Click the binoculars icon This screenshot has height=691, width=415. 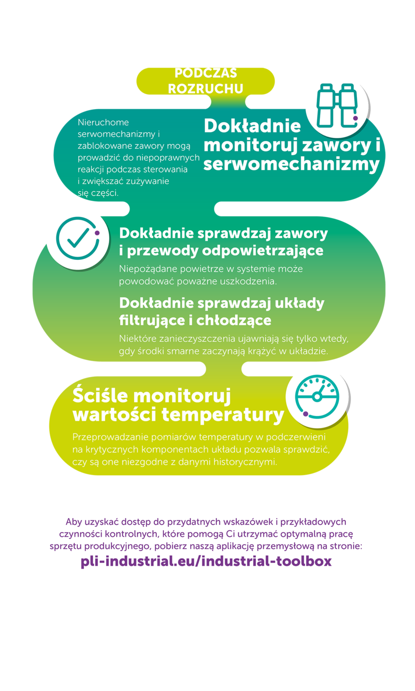coord(337,105)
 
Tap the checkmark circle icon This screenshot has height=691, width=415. coord(78,238)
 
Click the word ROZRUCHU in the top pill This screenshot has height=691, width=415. coord(206,89)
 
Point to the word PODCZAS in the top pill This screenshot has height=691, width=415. coord(206,73)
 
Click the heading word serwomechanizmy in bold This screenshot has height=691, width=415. coord(291,164)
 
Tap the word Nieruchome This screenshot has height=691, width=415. coord(103,123)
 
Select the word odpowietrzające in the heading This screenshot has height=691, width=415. coord(263,251)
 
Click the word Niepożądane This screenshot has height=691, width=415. coord(148,269)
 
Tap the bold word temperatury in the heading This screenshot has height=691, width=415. coord(223,415)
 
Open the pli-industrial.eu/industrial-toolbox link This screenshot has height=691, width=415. coord(206,561)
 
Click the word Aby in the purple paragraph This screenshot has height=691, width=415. coord(73,521)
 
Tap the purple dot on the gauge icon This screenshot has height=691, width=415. coord(305,414)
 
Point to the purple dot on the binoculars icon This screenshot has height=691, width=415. coord(356,118)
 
